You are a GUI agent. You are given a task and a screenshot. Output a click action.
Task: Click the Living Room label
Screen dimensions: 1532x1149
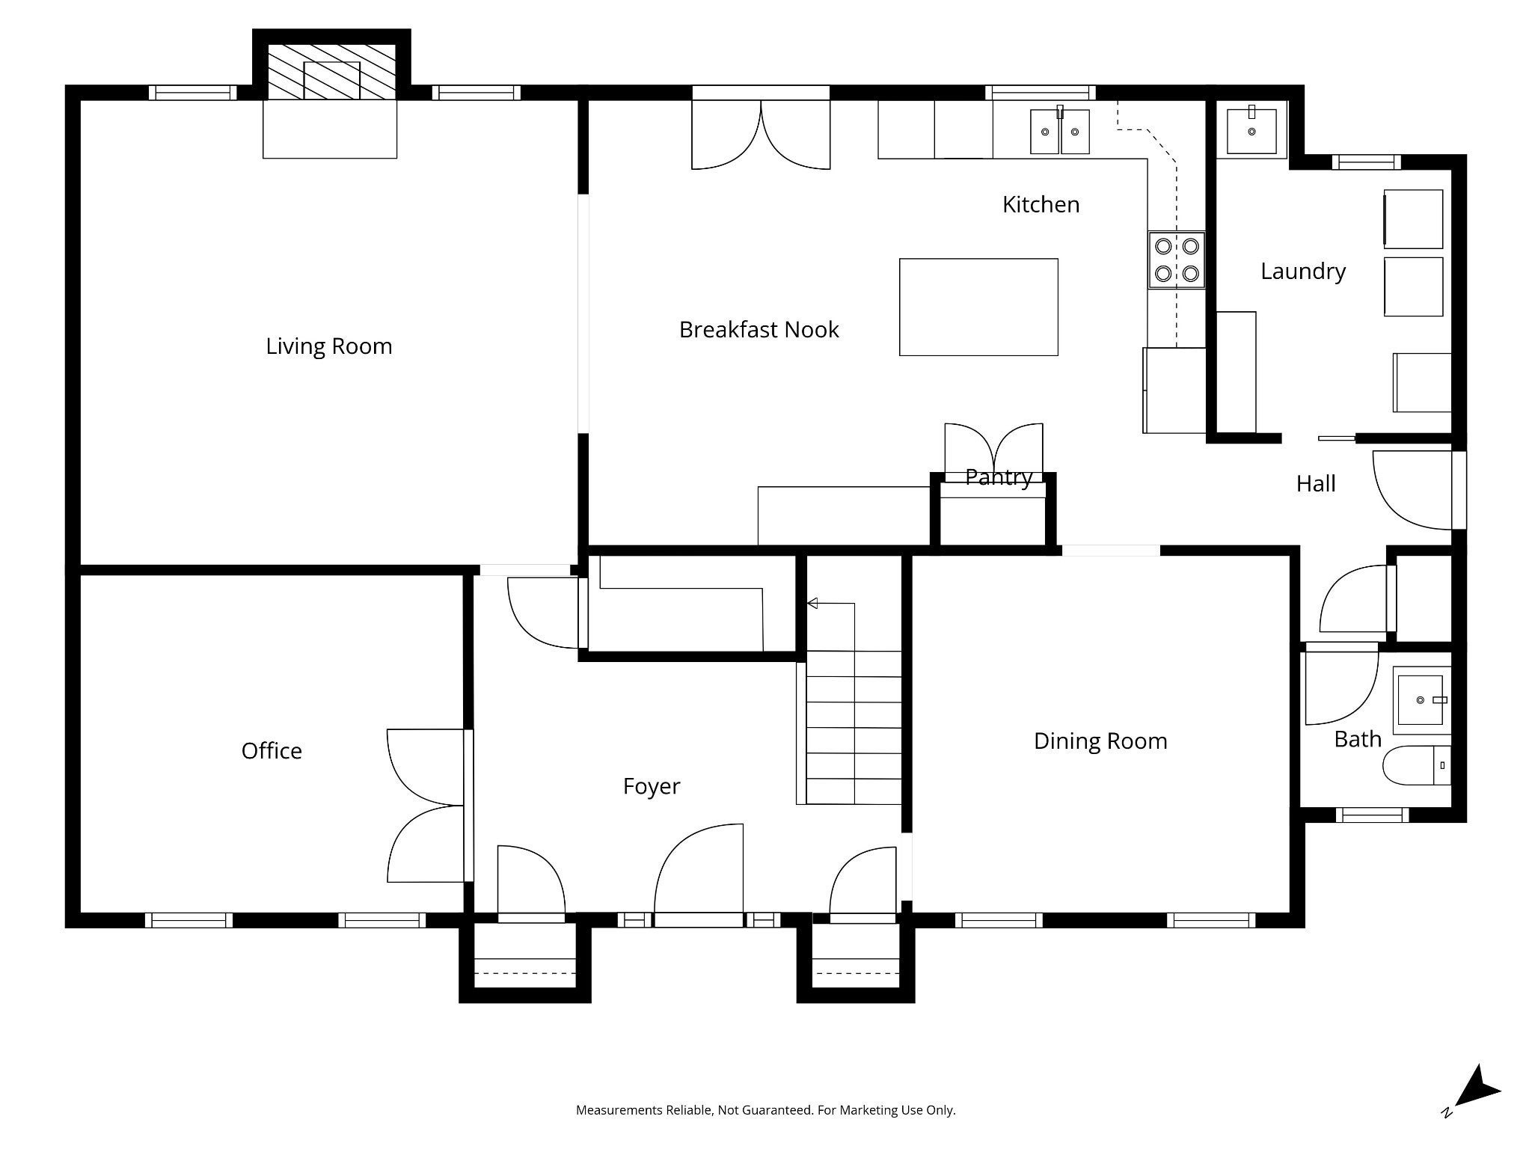click(x=329, y=346)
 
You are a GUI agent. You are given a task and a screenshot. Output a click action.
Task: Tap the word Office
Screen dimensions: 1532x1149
click(x=272, y=751)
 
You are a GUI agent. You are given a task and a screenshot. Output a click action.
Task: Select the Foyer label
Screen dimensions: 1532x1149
click(x=652, y=787)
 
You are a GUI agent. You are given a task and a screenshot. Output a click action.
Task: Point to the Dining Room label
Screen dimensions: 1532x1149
click(x=1100, y=741)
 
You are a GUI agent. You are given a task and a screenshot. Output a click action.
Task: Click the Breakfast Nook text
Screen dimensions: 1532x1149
click(x=759, y=330)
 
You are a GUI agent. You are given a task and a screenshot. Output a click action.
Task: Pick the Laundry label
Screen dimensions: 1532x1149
click(x=1303, y=272)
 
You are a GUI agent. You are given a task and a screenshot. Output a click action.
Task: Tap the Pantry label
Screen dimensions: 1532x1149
click(x=999, y=477)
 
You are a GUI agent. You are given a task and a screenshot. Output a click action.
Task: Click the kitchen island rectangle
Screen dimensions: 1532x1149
click(x=978, y=307)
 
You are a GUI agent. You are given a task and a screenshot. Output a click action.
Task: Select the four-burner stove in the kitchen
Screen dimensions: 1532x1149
click(x=1177, y=260)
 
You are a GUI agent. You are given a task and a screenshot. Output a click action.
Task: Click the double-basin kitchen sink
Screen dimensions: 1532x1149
click(x=1060, y=131)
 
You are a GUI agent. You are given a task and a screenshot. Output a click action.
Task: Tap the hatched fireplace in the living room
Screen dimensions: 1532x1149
click(x=331, y=71)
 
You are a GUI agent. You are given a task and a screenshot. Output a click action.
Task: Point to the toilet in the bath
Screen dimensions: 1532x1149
click(x=1417, y=765)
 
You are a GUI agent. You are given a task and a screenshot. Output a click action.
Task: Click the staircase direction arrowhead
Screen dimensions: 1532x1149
click(x=812, y=603)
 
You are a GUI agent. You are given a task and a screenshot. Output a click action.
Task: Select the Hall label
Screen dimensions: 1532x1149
click(x=1316, y=484)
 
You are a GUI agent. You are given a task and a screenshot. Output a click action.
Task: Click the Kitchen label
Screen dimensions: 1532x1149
click(x=1041, y=205)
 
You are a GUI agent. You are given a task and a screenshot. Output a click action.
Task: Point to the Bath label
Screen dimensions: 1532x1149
click(x=1358, y=739)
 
